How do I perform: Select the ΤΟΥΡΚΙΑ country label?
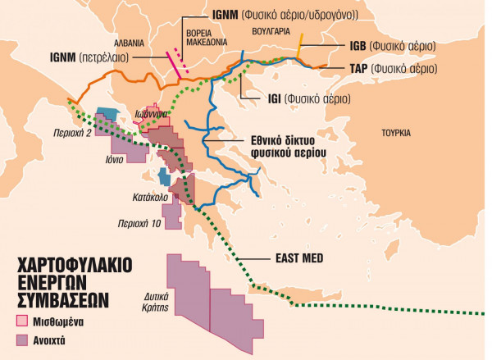tap(396, 132)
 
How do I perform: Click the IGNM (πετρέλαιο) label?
tap(83, 59)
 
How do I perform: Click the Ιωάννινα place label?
tap(152, 113)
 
